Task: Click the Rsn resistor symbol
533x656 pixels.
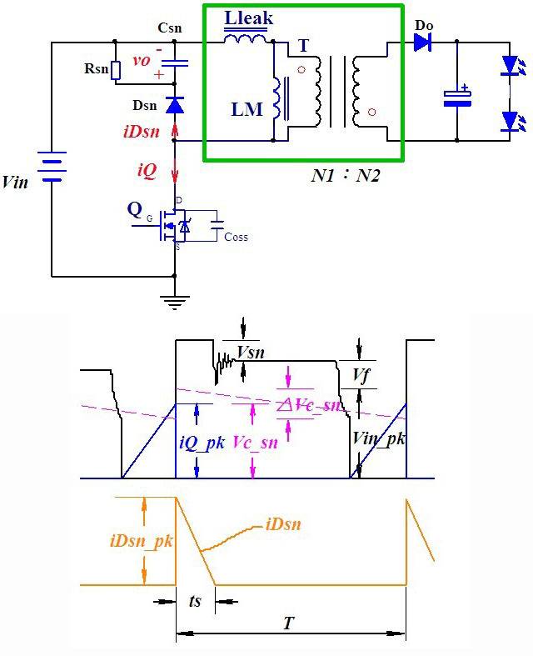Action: click(116, 70)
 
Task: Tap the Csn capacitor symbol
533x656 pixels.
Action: click(175, 63)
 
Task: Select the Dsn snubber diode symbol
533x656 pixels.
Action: click(175, 105)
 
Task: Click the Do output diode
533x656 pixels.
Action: click(422, 43)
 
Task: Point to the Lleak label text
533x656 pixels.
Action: click(248, 18)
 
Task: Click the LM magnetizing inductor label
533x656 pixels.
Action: click(247, 110)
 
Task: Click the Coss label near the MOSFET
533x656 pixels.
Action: click(237, 238)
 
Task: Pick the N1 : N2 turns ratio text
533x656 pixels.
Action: click(346, 175)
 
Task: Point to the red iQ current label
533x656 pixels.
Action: click(147, 171)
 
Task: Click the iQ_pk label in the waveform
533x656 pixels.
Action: click(202, 443)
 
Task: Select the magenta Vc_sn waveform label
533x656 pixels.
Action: click(255, 443)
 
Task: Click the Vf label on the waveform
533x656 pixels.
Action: click(361, 375)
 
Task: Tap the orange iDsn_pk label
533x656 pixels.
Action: click(142, 541)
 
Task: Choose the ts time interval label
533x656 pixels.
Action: click(195, 601)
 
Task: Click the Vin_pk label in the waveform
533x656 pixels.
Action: click(378, 439)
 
